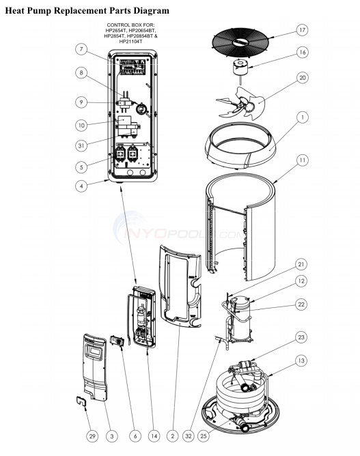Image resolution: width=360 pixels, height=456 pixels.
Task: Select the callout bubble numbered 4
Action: click(81, 184)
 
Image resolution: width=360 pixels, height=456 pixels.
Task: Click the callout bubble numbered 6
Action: click(135, 436)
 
